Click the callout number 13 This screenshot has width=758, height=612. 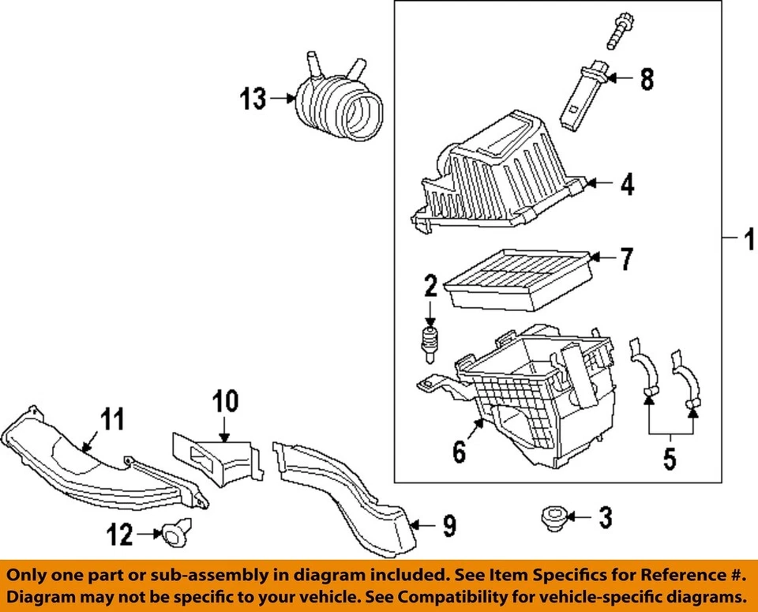click(253, 99)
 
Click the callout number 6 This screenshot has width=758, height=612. click(459, 452)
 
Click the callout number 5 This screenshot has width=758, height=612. click(670, 457)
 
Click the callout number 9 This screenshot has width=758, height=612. click(448, 525)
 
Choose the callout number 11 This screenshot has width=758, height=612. click(114, 419)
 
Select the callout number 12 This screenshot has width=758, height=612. click(121, 535)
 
